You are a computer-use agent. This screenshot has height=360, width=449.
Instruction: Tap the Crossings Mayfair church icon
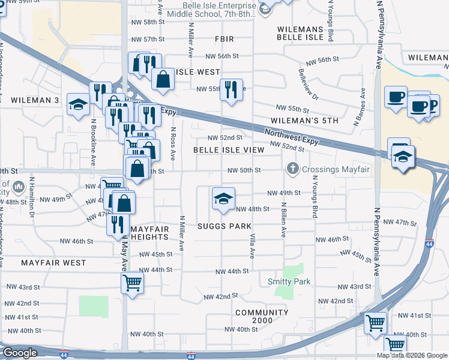(293, 169)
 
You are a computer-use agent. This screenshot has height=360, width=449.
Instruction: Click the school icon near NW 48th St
(223, 199)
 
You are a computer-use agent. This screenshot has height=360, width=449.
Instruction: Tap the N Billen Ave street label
(283, 220)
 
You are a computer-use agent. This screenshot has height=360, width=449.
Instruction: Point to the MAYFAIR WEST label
(53, 263)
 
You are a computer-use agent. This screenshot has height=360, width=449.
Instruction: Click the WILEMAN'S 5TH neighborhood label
(304, 121)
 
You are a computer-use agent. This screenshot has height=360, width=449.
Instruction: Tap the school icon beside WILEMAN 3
(78, 104)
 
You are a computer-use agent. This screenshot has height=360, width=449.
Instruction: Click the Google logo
(20, 353)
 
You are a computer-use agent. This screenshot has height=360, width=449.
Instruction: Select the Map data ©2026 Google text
(412, 355)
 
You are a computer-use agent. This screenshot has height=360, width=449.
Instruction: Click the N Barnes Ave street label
(363, 107)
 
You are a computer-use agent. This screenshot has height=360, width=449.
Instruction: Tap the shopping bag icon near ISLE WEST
(163, 78)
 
